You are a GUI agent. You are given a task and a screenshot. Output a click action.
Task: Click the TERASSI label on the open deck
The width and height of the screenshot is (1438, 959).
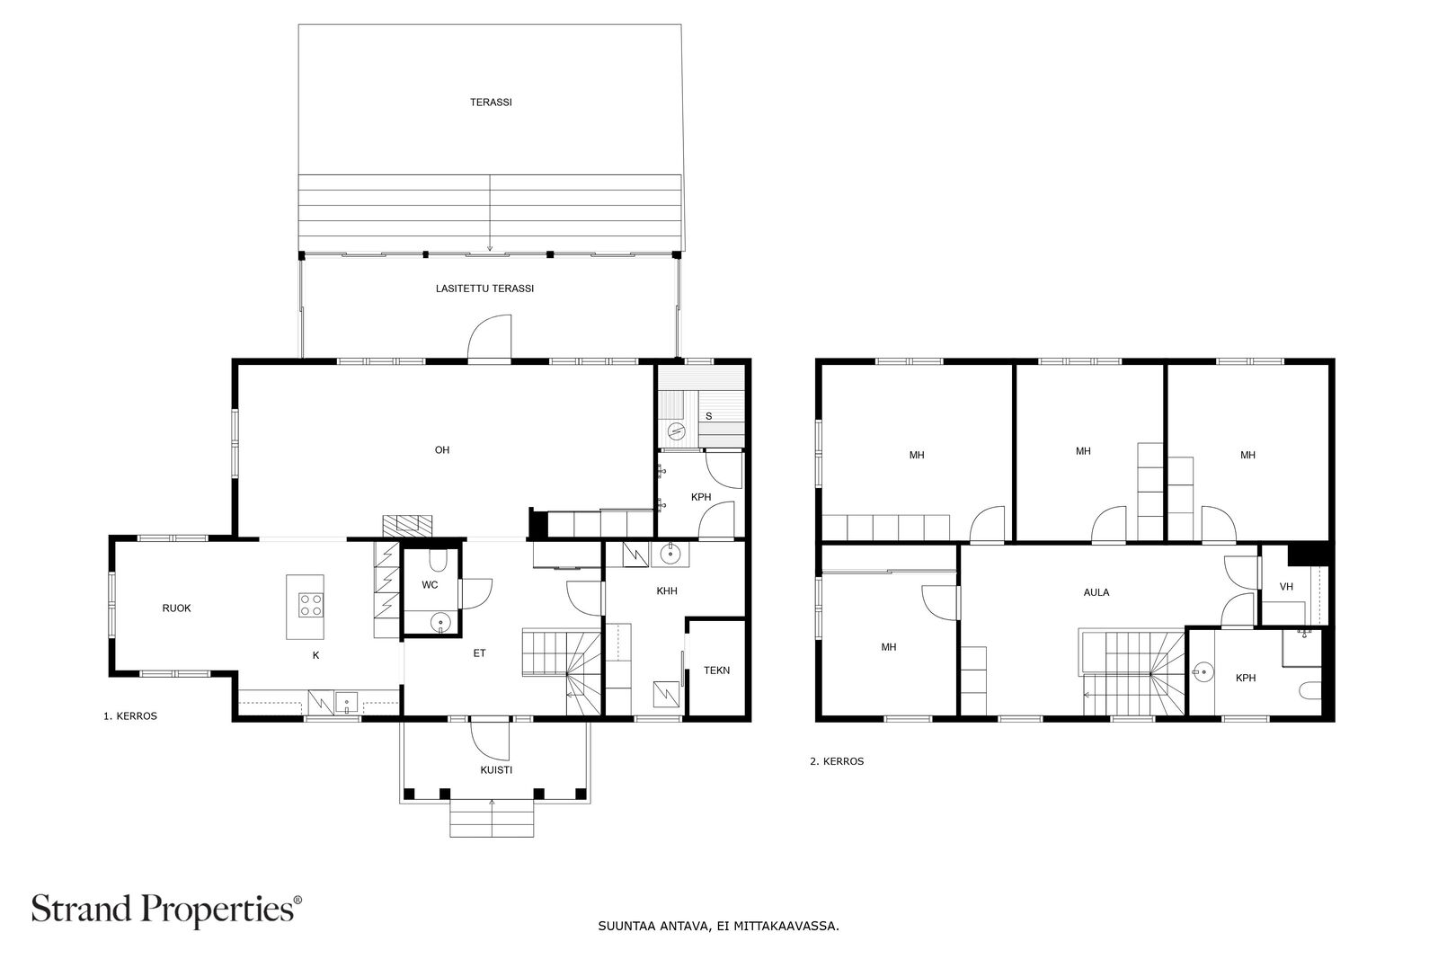click(x=491, y=102)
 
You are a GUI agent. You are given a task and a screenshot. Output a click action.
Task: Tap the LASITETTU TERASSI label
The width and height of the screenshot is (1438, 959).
click(x=484, y=289)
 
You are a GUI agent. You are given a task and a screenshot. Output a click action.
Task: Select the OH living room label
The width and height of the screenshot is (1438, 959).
click(x=441, y=450)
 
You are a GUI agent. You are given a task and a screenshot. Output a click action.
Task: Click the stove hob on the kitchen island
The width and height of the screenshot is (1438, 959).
click(x=311, y=605)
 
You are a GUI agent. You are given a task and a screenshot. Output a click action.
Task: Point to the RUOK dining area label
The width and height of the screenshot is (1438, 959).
click(x=176, y=608)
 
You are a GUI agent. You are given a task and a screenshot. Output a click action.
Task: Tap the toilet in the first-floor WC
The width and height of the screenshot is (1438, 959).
click(x=439, y=560)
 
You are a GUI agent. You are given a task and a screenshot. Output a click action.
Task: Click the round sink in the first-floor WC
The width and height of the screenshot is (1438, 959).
click(x=440, y=622)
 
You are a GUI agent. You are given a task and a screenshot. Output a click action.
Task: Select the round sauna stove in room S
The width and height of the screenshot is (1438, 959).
click(x=676, y=431)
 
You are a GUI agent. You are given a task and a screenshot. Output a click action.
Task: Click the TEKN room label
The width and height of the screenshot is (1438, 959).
click(x=716, y=670)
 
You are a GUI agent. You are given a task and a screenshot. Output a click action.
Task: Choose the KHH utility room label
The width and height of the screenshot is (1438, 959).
click(x=667, y=591)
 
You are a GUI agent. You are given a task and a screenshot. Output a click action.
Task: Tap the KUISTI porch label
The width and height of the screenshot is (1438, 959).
click(x=496, y=770)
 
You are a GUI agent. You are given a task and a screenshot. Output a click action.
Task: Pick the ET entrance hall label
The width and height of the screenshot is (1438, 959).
click(x=479, y=653)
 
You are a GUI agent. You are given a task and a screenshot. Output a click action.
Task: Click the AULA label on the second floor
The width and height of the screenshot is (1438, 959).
click(x=1096, y=592)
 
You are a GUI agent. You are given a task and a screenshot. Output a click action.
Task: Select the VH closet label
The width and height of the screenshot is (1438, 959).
click(x=1286, y=587)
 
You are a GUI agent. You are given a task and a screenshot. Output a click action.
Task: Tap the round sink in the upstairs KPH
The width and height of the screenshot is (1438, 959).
click(x=1203, y=672)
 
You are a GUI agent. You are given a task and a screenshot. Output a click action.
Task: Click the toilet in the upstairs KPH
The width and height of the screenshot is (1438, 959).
click(x=1310, y=690)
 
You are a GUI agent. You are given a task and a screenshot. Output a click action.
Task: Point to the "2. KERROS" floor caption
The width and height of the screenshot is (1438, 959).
click(x=837, y=761)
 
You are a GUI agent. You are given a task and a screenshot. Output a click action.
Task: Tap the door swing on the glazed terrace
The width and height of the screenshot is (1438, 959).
click(x=489, y=338)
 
